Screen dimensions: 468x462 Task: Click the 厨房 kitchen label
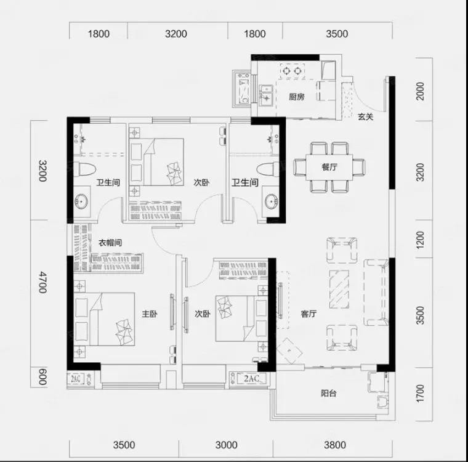pyautogui.click(x=296, y=97)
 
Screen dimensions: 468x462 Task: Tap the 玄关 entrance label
pyautogui.click(x=365, y=116)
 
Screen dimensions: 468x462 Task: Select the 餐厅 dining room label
pyautogui.click(x=329, y=167)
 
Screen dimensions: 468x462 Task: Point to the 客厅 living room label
pyautogui.click(x=309, y=314)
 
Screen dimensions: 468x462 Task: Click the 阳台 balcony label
pyautogui.click(x=329, y=393)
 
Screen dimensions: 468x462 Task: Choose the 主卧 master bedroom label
pyautogui.click(x=150, y=314)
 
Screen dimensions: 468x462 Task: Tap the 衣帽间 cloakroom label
pyautogui.click(x=110, y=243)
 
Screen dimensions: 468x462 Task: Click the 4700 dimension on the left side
pyautogui.click(x=43, y=282)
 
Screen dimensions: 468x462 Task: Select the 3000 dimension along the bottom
pyautogui.click(x=226, y=445)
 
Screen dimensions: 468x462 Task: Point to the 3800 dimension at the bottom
pyautogui.click(x=335, y=445)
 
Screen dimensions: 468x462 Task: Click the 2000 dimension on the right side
pyautogui.click(x=420, y=91)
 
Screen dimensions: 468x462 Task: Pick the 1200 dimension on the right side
pyautogui.click(x=420, y=240)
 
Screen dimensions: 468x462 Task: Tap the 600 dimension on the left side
pyautogui.click(x=43, y=376)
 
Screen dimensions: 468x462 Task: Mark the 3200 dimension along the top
pyautogui.click(x=176, y=34)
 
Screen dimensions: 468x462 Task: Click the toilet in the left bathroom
pyautogui.click(x=84, y=168)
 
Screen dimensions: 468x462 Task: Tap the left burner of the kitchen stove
pyautogui.click(x=286, y=71)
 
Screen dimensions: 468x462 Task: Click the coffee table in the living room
pyautogui.click(x=339, y=289)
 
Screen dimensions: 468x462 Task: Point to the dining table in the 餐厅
pyautogui.click(x=329, y=167)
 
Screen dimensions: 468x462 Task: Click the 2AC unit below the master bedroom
pyautogui.click(x=76, y=379)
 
